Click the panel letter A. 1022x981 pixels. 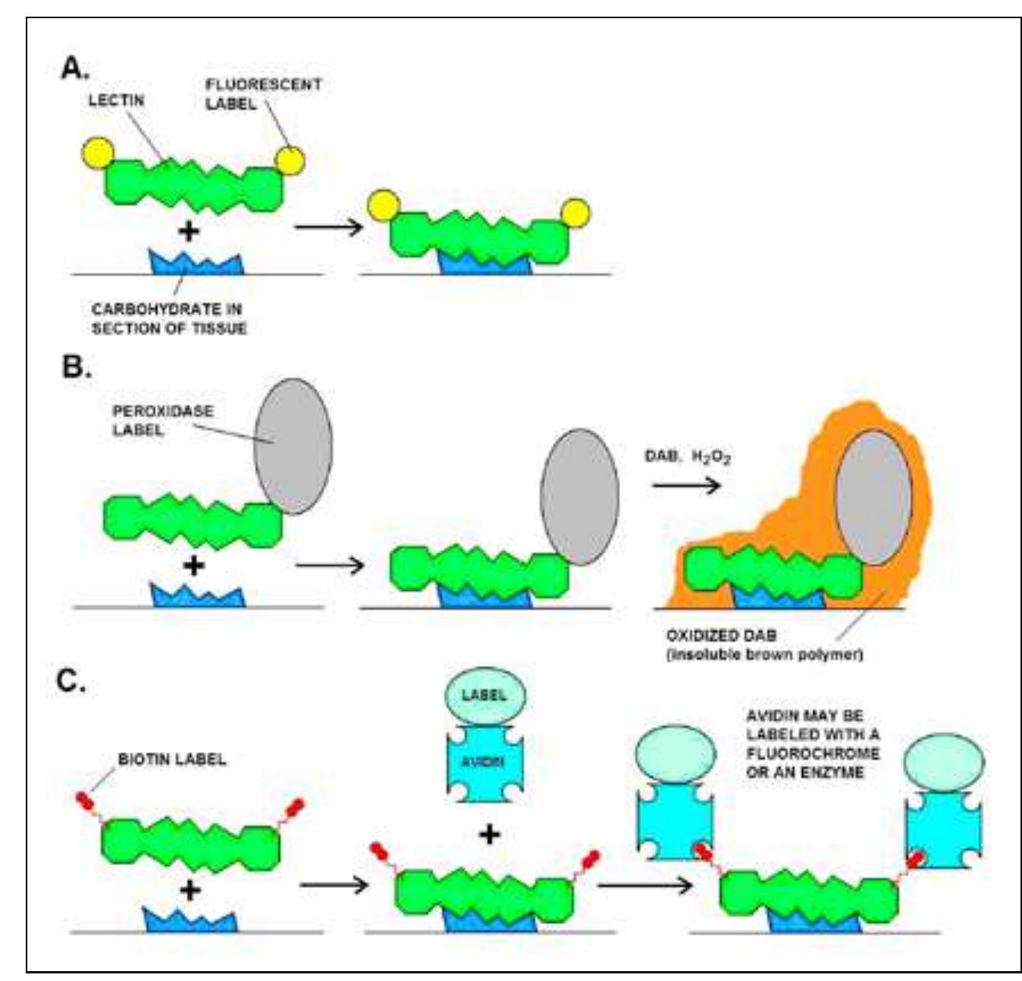(x=74, y=69)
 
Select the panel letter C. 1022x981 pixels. (x=71, y=681)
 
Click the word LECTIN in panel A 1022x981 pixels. (x=116, y=100)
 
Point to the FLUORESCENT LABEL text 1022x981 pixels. (x=262, y=94)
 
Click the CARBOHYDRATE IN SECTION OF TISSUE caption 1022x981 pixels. (x=168, y=319)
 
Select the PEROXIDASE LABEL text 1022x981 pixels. (x=162, y=420)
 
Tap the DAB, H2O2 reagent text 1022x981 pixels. (x=687, y=457)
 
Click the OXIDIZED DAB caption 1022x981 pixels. (x=763, y=645)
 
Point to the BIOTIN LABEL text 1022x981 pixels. (x=171, y=759)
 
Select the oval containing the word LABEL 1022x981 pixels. (x=484, y=695)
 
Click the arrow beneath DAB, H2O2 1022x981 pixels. (x=685, y=485)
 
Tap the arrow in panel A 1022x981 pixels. (x=328, y=226)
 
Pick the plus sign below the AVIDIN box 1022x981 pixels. (x=489, y=834)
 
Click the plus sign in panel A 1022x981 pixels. (x=189, y=230)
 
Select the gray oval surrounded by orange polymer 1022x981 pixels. (x=873, y=498)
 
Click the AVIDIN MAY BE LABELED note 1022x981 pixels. (x=812, y=744)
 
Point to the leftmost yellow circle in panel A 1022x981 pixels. (x=98, y=153)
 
